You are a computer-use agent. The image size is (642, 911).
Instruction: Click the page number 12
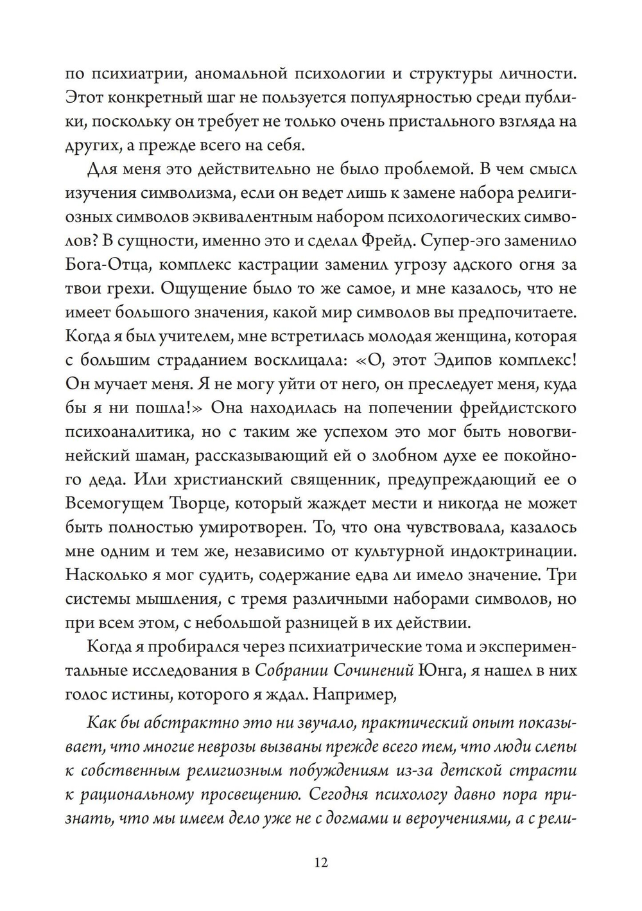coord(322,862)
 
